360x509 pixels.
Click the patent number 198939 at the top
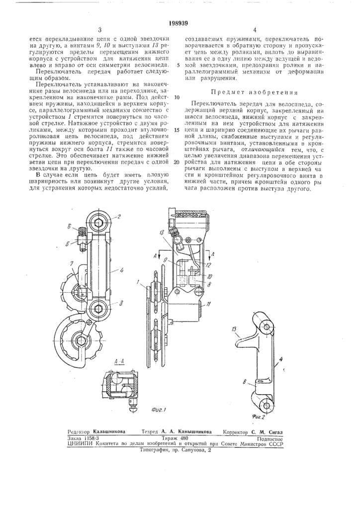180,22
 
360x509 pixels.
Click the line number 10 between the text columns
177,97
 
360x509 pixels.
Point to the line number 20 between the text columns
177,162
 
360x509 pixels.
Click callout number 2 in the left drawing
119,217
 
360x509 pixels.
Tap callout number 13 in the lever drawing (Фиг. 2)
235,330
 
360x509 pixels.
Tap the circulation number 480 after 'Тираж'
183,438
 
